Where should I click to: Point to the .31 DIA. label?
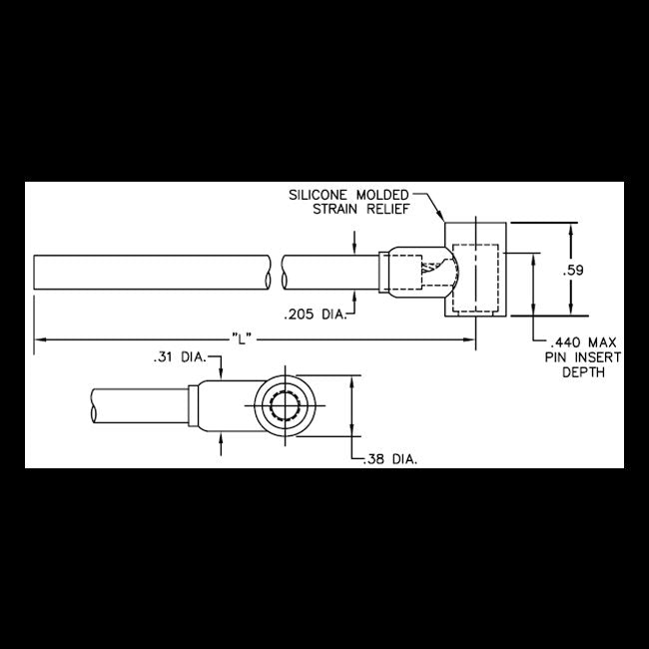pos(178,356)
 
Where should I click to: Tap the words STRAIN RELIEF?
pos(357,209)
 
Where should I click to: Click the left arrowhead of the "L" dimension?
pos(39,340)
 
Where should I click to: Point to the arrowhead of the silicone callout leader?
pos(442,218)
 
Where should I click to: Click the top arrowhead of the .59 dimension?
pos(570,227)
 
